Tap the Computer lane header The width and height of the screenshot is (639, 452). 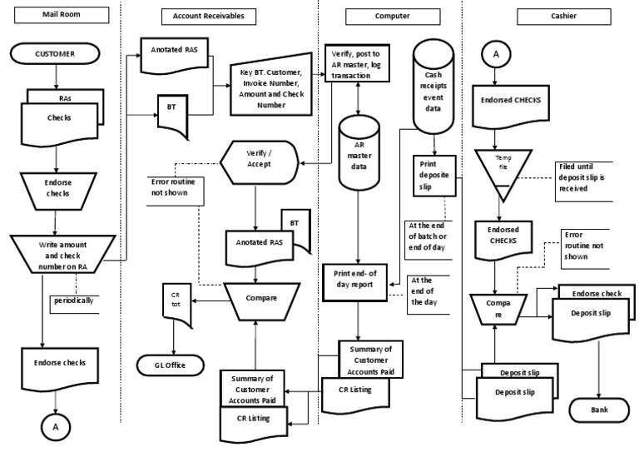coord(371,16)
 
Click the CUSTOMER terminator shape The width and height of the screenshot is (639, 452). coord(55,53)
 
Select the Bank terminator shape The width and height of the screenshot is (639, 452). coord(600,410)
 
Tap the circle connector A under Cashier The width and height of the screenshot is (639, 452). coord(497,54)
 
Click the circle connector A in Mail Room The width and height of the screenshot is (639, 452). coord(55,425)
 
